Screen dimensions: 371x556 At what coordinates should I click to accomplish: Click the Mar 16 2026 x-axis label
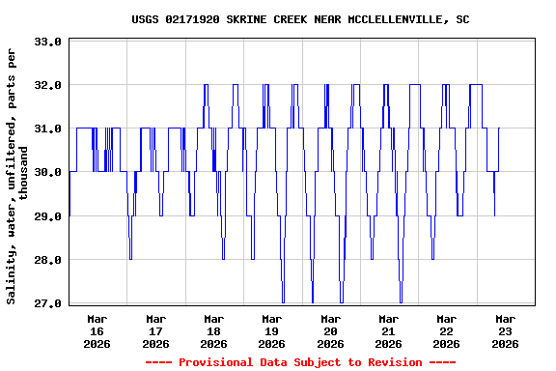97,330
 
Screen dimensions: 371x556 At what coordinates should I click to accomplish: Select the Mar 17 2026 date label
155,330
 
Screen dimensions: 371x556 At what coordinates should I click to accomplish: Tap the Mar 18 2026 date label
213,330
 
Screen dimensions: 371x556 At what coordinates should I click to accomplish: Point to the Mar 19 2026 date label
272,330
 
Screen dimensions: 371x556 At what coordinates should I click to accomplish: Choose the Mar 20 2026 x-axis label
330,330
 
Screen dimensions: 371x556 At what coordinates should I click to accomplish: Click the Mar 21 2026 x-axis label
388,330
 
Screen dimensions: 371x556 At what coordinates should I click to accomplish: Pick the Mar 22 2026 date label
446,330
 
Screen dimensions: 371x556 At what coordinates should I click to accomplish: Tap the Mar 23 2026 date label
505,330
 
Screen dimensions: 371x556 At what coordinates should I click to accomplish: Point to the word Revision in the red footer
392,362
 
